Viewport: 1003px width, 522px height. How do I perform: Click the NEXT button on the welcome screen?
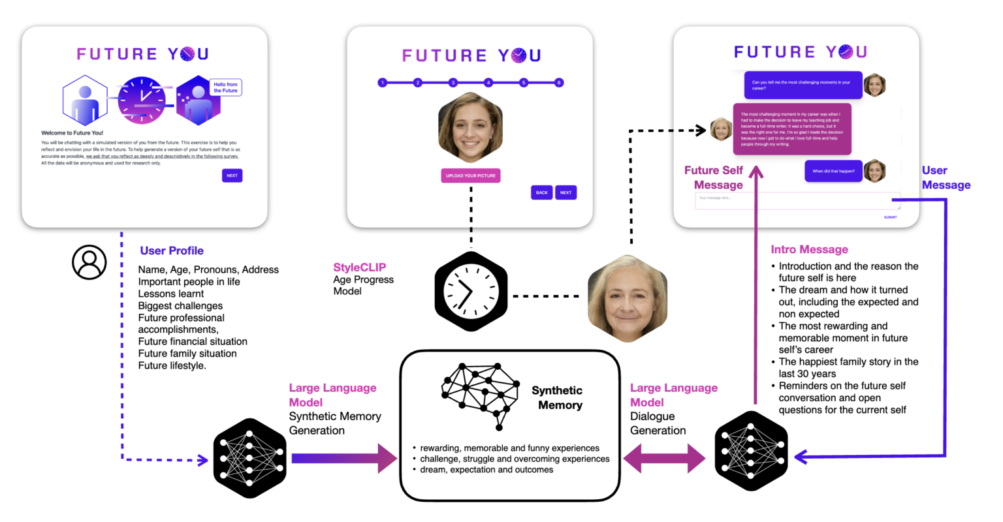coord(232,176)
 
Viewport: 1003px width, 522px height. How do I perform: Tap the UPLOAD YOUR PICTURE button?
coord(470,176)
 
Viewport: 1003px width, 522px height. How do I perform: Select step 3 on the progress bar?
coord(453,83)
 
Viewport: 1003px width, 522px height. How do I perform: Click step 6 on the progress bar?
coord(559,83)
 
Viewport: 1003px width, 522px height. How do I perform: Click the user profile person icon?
coord(89,262)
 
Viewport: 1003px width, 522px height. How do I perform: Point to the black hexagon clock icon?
coord(471,292)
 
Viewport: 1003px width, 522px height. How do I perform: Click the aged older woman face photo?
coord(627,298)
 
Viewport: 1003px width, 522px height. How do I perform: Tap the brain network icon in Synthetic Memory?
coord(481,394)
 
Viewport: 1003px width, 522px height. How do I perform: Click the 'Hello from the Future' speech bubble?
coord(225,87)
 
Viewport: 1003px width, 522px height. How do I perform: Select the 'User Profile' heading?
coord(172,251)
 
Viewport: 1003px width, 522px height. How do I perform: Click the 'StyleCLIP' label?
coord(359,268)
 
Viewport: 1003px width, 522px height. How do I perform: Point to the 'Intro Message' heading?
coord(809,249)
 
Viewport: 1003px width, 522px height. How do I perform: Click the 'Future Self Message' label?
coord(714,177)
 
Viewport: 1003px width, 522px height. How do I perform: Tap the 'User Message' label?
coord(946,177)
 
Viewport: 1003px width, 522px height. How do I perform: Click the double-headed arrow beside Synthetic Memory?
coord(664,459)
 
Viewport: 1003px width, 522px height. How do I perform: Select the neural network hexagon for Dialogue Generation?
coord(751,451)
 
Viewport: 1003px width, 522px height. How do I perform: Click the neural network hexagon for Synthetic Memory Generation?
coord(250,458)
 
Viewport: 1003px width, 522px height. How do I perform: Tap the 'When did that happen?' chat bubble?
coord(833,172)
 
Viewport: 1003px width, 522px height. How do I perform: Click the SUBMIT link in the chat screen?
coord(890,217)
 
